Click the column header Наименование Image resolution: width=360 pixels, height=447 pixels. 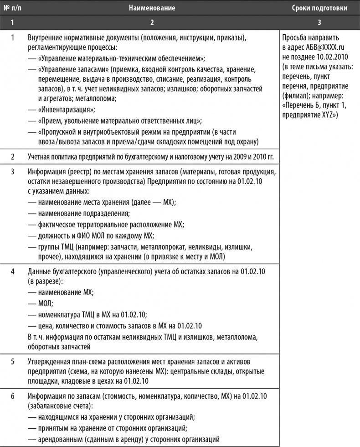tap(152, 8)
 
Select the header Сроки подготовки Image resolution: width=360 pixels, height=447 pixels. tap(319, 8)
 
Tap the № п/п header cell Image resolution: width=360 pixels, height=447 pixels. tap(12, 8)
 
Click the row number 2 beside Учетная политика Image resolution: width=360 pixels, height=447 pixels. tap(13, 157)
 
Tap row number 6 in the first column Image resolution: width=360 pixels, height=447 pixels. tap(13, 395)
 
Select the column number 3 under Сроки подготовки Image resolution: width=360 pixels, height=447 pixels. tap(319, 21)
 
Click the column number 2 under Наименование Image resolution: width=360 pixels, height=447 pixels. tap(152, 21)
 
